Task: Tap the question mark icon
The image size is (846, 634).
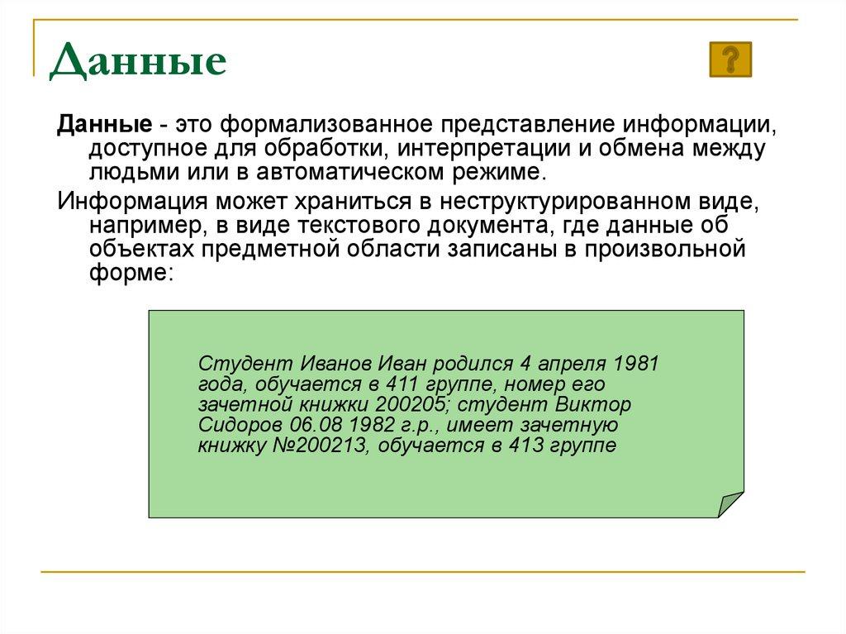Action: (730, 60)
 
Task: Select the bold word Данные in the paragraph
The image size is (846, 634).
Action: (103, 126)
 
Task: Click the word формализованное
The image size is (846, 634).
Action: (327, 126)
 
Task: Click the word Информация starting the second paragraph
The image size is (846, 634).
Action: (132, 202)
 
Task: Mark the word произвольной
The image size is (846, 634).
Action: (666, 249)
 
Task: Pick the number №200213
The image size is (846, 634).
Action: (326, 446)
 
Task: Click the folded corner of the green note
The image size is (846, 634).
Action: (730, 503)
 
